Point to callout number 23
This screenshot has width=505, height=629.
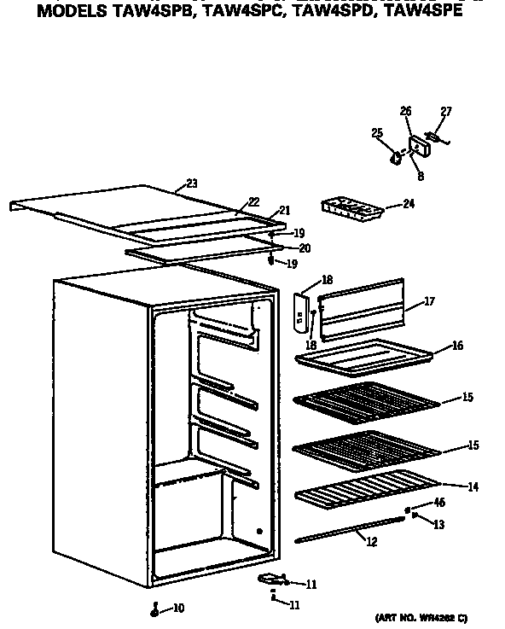[191, 183]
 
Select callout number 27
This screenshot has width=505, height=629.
[446, 112]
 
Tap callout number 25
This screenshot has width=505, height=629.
[376, 132]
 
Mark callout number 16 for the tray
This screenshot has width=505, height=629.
[457, 346]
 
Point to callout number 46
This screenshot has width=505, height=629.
[440, 503]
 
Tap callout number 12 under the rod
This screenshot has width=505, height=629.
[371, 541]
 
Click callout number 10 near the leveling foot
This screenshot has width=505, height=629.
[179, 608]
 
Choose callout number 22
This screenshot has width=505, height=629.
[253, 202]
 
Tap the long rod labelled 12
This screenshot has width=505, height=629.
[350, 530]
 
